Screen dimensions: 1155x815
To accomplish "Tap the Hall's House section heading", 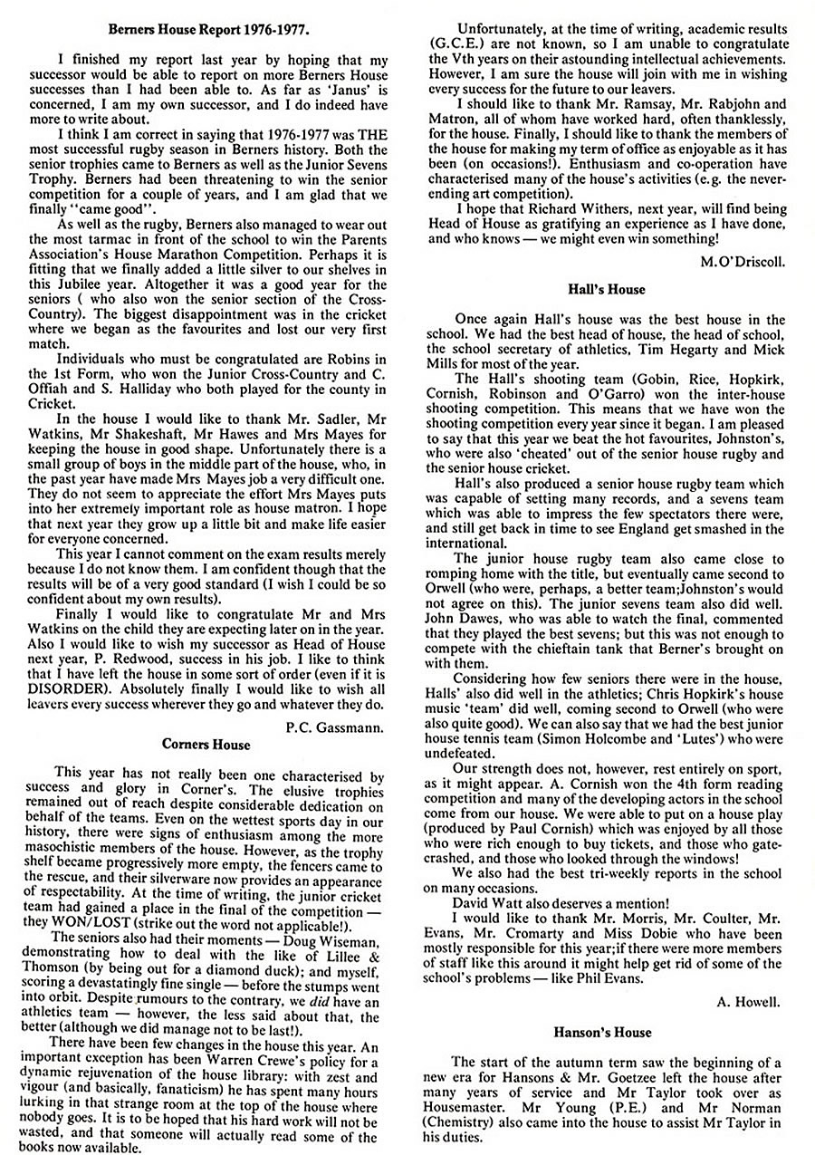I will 606,289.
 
